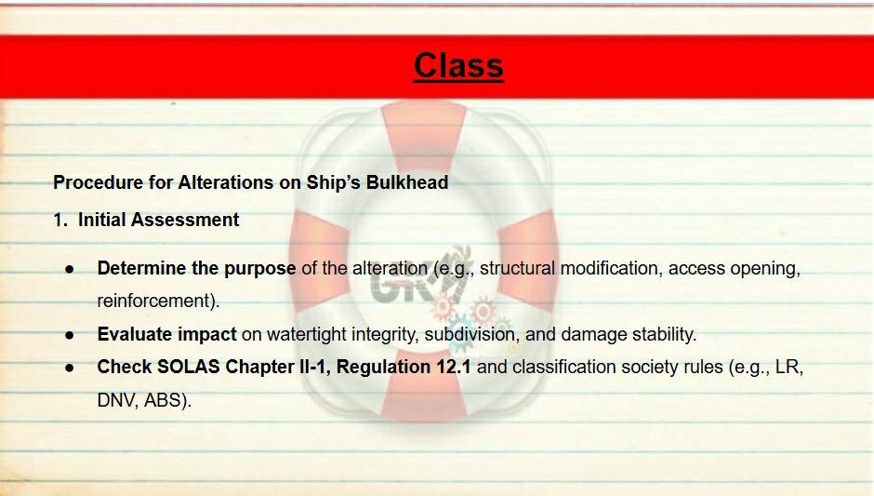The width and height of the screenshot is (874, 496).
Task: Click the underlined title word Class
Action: point(458,66)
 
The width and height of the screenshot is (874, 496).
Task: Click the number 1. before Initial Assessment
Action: point(60,220)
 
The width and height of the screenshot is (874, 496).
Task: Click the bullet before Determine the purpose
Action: point(70,270)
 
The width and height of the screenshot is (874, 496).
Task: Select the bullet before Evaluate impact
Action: point(70,335)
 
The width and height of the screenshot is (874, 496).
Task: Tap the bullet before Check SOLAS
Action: point(70,369)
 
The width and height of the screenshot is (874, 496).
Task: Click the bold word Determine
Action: point(141,268)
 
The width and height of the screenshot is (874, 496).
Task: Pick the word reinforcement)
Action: point(158,302)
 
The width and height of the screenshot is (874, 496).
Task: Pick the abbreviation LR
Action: point(789,368)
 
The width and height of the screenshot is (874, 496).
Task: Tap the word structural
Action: point(517,268)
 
